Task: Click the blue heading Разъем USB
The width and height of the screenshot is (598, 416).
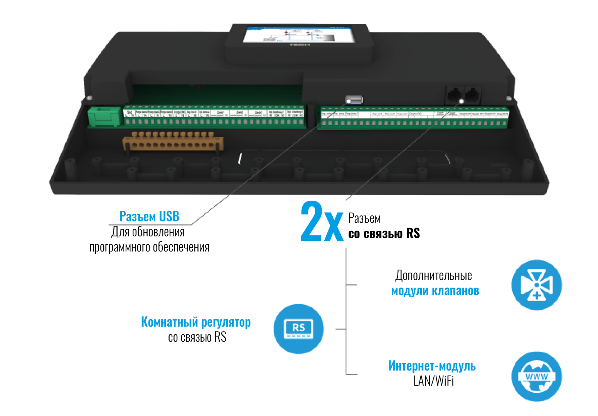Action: [x=149, y=216]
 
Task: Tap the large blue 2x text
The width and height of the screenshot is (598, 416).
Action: [x=322, y=221]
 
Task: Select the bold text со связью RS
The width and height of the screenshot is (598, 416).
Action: [x=384, y=233]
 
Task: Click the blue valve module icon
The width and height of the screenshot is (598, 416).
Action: [x=536, y=285]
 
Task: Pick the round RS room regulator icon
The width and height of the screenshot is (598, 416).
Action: [x=298, y=329]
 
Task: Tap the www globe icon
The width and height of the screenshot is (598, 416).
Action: [x=536, y=376]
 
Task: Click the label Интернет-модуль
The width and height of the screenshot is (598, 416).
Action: [x=432, y=366]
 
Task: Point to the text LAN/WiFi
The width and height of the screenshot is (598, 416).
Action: [x=433, y=381]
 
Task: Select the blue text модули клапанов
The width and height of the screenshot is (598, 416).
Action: [x=435, y=291]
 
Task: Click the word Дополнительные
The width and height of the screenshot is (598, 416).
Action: [x=433, y=276]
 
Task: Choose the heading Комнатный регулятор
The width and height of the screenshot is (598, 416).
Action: [x=195, y=322]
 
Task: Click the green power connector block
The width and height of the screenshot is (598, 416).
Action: [x=103, y=116]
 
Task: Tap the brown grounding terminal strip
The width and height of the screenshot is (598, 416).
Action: [x=172, y=143]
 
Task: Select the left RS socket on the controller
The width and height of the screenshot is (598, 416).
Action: [x=455, y=94]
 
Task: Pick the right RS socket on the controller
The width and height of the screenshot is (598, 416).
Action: [x=473, y=94]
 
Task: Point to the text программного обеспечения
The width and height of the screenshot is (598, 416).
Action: [x=149, y=247]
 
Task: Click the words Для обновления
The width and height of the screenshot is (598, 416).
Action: [x=148, y=232]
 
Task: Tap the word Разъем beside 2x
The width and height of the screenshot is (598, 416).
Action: [x=364, y=218]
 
